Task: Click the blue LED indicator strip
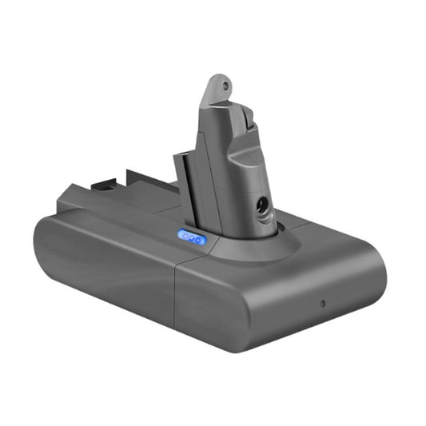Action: [192, 237]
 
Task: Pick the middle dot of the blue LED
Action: [192, 237]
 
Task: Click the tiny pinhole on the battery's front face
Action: [322, 305]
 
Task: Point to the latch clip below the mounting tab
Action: [245, 121]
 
